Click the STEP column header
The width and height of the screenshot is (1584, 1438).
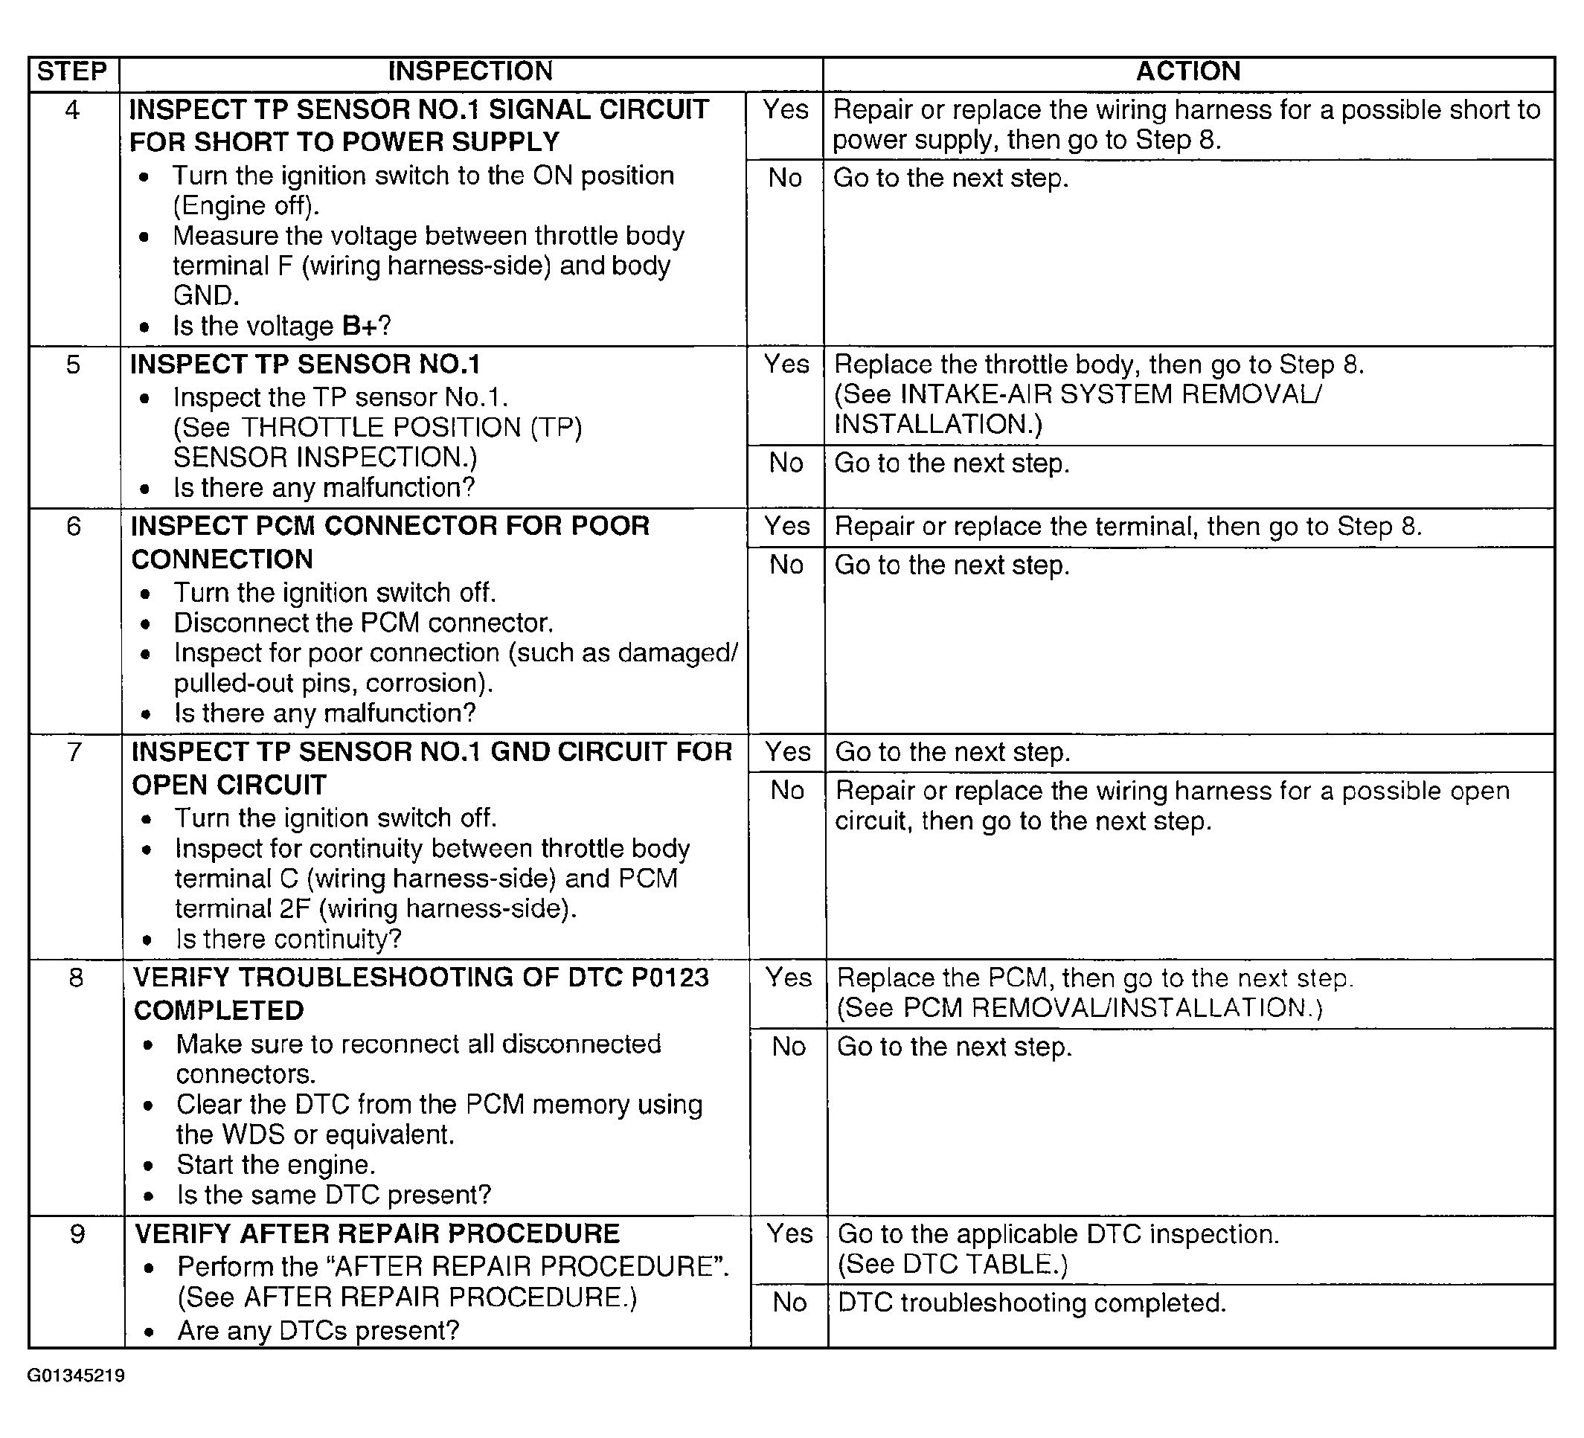click(72, 71)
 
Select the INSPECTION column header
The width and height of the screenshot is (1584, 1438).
click(471, 71)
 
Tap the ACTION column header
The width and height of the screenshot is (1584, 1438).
click(1188, 71)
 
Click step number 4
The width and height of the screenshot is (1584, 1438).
click(72, 110)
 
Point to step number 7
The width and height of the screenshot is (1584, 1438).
click(74, 752)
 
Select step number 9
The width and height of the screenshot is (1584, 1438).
click(77, 1233)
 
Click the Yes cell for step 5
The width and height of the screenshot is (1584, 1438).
click(786, 365)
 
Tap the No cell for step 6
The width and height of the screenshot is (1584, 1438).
click(786, 565)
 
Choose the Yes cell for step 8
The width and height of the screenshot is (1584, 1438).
click(788, 978)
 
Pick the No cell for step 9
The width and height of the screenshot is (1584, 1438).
click(789, 1303)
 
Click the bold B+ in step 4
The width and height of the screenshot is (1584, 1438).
click(361, 326)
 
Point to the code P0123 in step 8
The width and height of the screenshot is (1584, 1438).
click(670, 978)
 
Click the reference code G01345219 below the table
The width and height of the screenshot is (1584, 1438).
click(76, 1375)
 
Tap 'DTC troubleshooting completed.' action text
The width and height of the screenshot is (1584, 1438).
click(1032, 1303)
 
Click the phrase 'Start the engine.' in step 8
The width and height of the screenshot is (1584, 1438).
click(276, 1164)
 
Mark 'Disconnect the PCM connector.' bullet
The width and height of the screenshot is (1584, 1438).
click(364, 623)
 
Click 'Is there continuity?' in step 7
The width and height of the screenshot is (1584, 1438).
click(289, 939)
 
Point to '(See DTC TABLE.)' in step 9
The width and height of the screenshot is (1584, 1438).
click(953, 1265)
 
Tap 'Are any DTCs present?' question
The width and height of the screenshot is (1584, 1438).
click(318, 1330)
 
